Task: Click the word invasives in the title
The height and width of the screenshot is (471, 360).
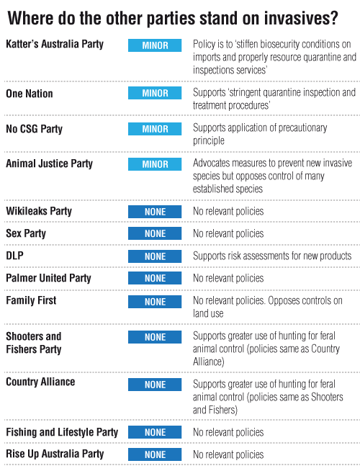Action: click(301, 18)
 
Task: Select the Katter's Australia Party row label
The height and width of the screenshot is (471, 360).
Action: click(55, 44)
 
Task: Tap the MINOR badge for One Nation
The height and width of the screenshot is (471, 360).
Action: click(155, 93)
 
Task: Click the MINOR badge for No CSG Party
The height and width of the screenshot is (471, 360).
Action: click(155, 129)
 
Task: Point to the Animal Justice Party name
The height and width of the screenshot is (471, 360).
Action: click(49, 163)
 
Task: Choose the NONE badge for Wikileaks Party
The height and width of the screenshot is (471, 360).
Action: click(155, 212)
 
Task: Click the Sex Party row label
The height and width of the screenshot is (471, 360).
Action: click(26, 233)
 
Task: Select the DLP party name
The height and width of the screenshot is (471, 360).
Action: click(14, 256)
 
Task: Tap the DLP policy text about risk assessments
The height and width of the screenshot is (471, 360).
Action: click(272, 256)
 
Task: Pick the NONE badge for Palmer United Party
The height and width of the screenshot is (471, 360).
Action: click(155, 278)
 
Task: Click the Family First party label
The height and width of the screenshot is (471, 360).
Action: click(31, 300)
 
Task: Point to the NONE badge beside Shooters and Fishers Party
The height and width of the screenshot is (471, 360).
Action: click(155, 337)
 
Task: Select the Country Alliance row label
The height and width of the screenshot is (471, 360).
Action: click(40, 382)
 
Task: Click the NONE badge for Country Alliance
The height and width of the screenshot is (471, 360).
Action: click(155, 385)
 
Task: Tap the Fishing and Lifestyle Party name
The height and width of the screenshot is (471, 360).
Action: click(62, 432)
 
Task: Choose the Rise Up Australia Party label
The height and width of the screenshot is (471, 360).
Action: click(55, 454)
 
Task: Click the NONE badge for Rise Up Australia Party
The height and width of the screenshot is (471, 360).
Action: click(155, 454)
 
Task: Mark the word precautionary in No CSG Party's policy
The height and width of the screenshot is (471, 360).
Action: click(302, 128)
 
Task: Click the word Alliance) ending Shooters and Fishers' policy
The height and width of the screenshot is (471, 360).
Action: click(208, 362)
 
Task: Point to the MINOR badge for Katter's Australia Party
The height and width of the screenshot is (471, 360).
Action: click(155, 45)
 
